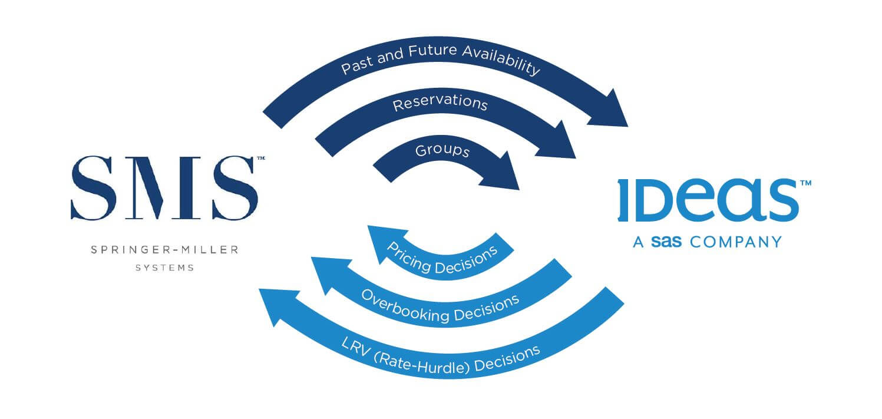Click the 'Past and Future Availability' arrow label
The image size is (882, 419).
pyautogui.click(x=441, y=60)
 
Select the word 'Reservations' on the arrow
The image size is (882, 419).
pyautogui.click(x=440, y=103)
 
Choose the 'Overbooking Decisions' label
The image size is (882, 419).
pyautogui.click(x=440, y=305)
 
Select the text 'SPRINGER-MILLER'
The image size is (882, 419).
pyautogui.click(x=164, y=250)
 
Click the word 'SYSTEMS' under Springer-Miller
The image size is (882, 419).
pyautogui.click(x=164, y=268)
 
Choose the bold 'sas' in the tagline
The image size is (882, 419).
pyautogui.click(x=666, y=242)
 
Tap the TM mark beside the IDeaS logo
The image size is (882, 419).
pyautogui.click(x=805, y=183)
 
